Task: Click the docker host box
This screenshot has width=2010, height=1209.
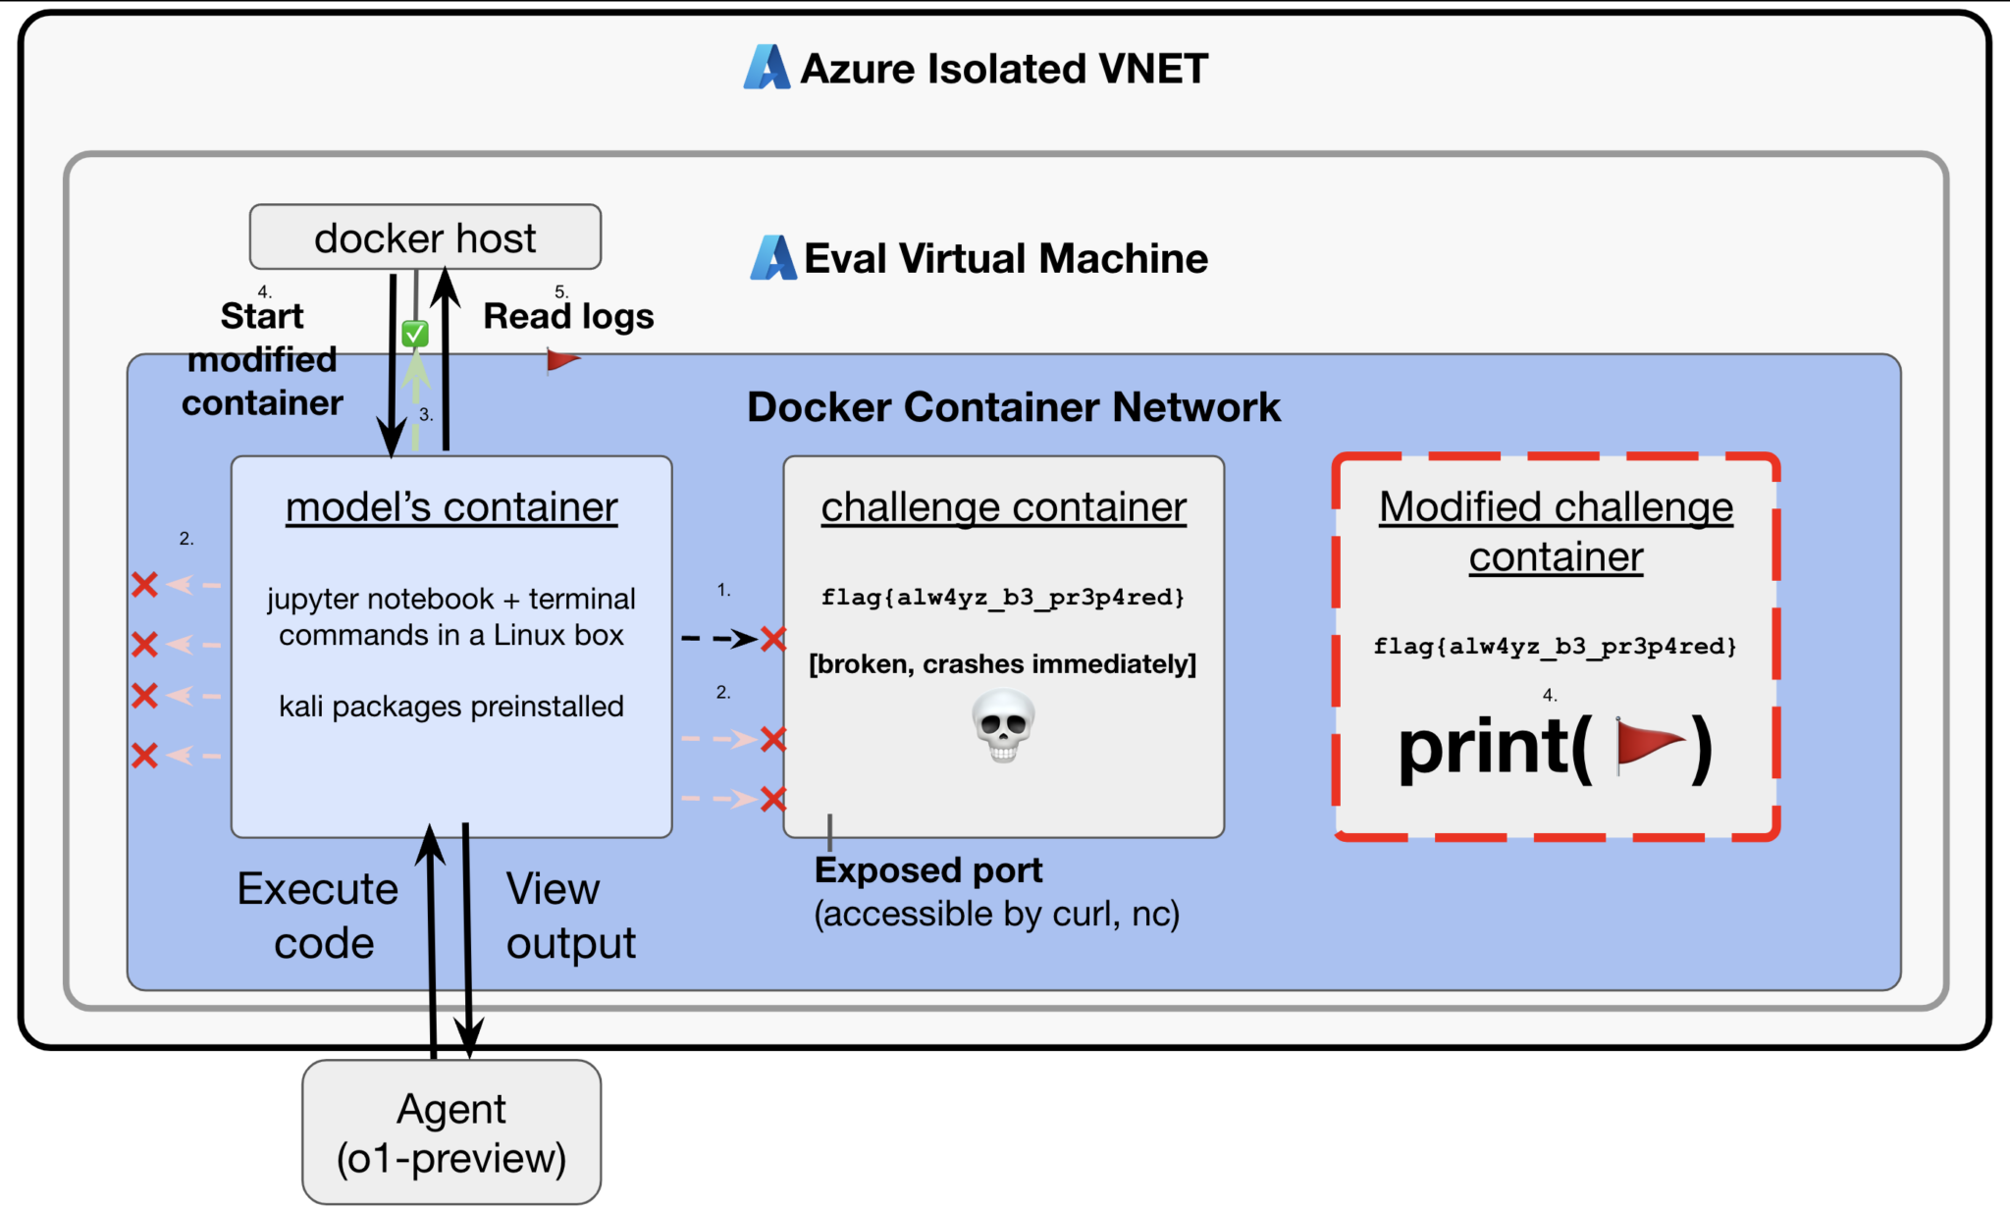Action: (x=425, y=237)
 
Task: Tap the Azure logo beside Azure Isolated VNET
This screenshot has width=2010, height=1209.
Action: (x=767, y=68)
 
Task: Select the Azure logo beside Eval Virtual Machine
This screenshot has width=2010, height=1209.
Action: (x=773, y=258)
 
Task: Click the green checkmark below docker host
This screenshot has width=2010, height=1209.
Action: (x=415, y=334)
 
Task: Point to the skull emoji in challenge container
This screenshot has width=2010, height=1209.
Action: (x=1003, y=725)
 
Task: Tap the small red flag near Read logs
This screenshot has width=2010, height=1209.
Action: (x=562, y=361)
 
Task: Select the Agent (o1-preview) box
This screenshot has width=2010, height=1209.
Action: (x=451, y=1132)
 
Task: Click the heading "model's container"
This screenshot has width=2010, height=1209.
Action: (x=451, y=507)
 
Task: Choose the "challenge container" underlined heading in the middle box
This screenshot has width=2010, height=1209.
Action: (x=1003, y=507)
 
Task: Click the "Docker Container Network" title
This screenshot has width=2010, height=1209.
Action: (x=1013, y=407)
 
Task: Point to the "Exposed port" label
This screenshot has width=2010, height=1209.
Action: (x=928, y=870)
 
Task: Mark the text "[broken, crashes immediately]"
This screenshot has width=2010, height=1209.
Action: (x=1002, y=664)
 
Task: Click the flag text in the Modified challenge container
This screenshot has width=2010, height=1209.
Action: (x=1555, y=647)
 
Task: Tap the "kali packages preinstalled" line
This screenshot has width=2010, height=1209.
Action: (x=451, y=707)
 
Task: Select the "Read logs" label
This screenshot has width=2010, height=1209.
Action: (x=568, y=316)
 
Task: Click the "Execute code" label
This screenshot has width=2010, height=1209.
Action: (x=319, y=916)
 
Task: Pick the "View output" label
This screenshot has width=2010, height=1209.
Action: (x=570, y=916)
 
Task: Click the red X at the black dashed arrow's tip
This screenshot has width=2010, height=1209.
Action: (x=773, y=640)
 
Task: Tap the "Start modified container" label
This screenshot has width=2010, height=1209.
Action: (x=262, y=359)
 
